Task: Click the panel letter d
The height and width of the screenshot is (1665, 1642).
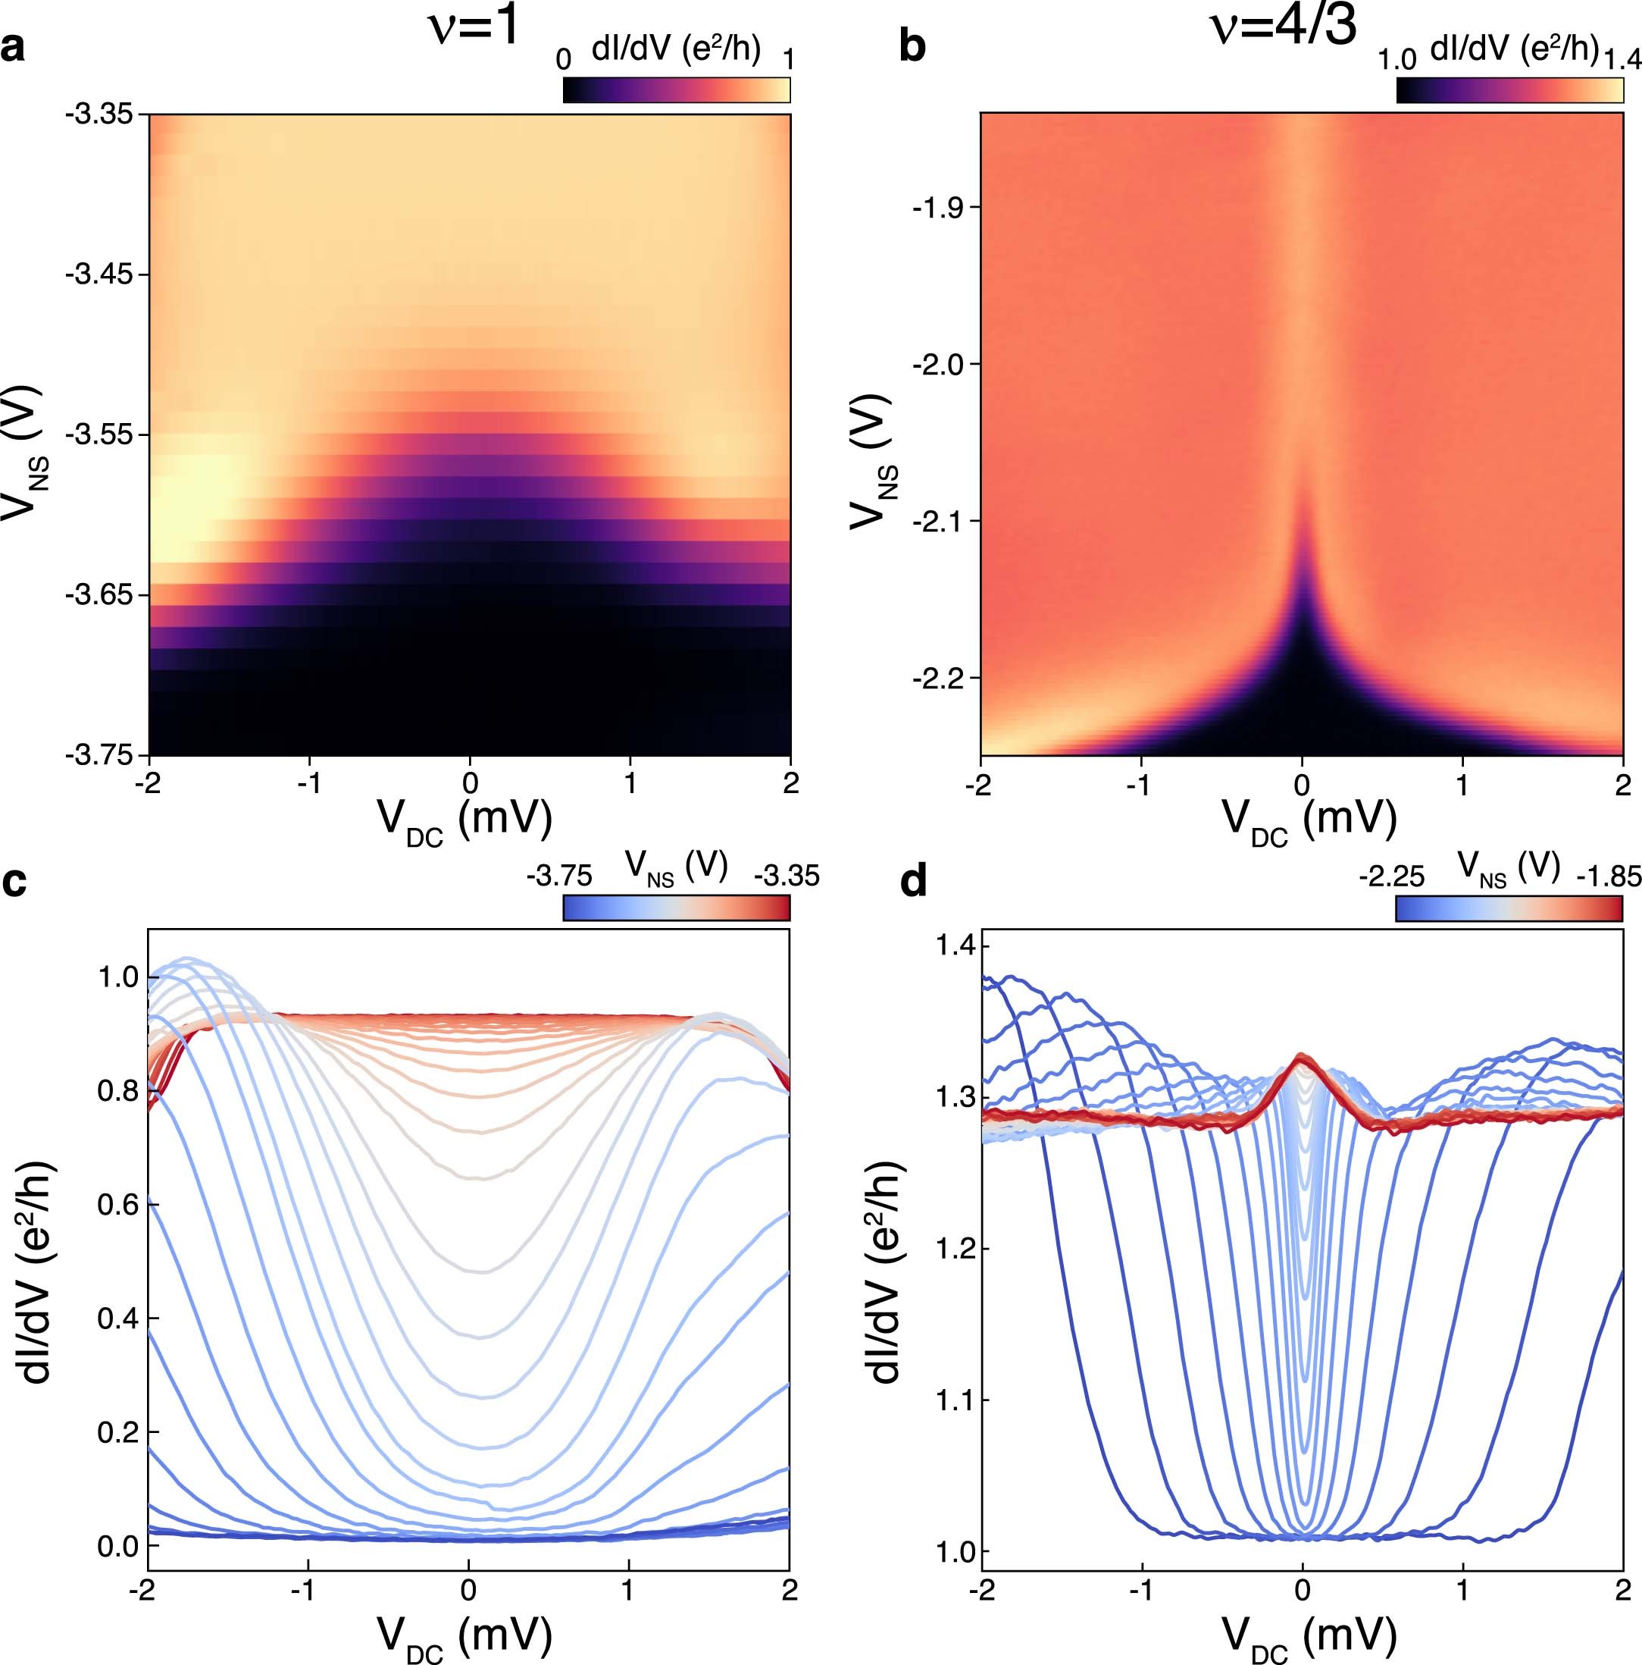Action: [x=913, y=882]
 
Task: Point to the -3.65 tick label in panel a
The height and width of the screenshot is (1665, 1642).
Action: [x=95, y=594]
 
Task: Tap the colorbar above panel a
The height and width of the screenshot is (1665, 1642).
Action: [x=676, y=90]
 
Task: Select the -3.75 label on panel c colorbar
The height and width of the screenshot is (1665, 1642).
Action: [x=560, y=876]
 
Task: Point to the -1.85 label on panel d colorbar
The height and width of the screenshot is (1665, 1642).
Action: [x=1609, y=876]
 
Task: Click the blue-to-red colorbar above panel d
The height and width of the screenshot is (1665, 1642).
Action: [x=1509, y=908]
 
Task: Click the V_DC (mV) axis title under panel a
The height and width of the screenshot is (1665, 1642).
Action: [x=464, y=820]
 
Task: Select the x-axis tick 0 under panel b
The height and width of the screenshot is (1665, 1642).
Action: [x=1302, y=784]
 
